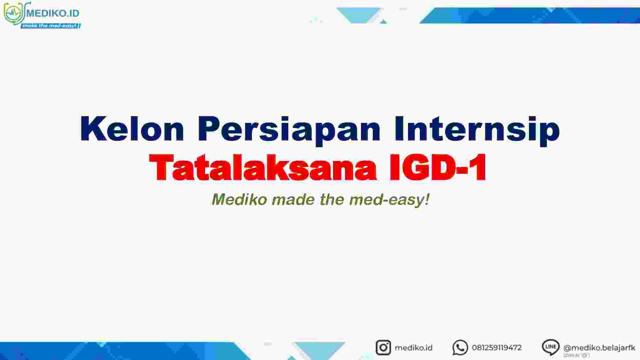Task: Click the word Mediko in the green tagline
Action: click(x=239, y=199)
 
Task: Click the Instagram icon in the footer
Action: click(x=383, y=348)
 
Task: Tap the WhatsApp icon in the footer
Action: click(x=460, y=348)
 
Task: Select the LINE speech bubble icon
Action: click(x=550, y=347)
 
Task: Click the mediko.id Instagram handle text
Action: click(x=413, y=348)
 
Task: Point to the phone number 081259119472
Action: click(x=497, y=348)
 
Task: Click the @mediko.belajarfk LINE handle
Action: click(x=599, y=348)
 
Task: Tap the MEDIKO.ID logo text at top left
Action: click(x=53, y=13)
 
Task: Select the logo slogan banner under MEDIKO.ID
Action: click(x=51, y=26)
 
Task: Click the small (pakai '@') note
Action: click(x=576, y=355)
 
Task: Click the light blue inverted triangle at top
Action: click(x=358, y=14)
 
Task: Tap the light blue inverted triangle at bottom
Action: click(x=320, y=349)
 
